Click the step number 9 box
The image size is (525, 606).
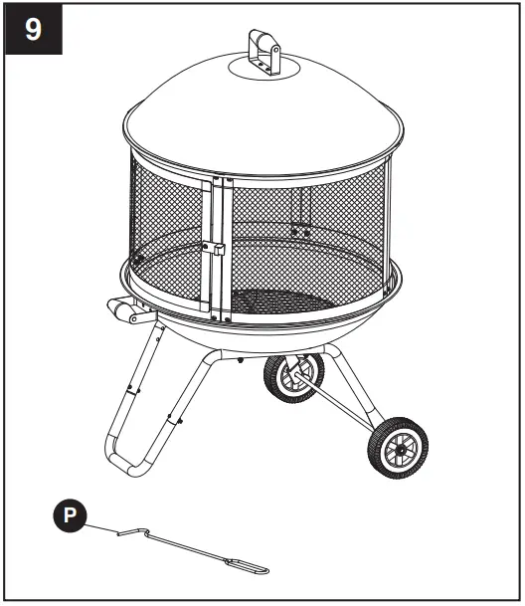tap(33, 29)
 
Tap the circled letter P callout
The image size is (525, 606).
tap(68, 515)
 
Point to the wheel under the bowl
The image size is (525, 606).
tap(291, 379)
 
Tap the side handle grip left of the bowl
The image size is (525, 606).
tap(124, 311)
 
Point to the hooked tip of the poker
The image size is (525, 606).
tap(122, 534)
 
